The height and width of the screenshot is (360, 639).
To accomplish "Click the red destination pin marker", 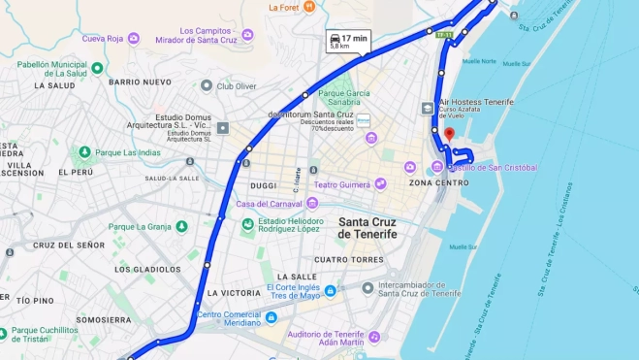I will [x=448, y=135].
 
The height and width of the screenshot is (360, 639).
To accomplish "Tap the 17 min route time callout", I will [x=348, y=41].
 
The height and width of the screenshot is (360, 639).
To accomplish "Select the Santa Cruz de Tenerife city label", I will [x=367, y=227].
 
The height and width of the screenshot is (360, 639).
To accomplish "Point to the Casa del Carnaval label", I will [x=270, y=204].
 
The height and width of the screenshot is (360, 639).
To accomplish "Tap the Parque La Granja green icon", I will [x=180, y=227].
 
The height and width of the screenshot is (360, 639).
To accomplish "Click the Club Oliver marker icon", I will [x=207, y=85].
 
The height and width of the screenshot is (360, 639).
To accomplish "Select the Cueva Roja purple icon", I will [x=134, y=39].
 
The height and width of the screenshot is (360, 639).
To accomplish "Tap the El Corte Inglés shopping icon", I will [x=331, y=290].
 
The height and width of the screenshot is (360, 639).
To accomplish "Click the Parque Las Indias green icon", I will [x=84, y=152].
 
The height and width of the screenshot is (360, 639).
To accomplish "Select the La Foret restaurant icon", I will [x=309, y=7].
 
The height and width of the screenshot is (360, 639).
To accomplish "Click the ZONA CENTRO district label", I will [x=438, y=182].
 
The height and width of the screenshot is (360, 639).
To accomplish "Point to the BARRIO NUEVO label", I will [x=140, y=82].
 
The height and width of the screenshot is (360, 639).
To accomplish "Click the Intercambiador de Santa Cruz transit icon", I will [x=367, y=288].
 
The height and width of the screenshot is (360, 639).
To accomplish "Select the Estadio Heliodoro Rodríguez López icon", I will [x=248, y=223].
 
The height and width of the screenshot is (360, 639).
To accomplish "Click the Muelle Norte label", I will [x=479, y=61].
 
